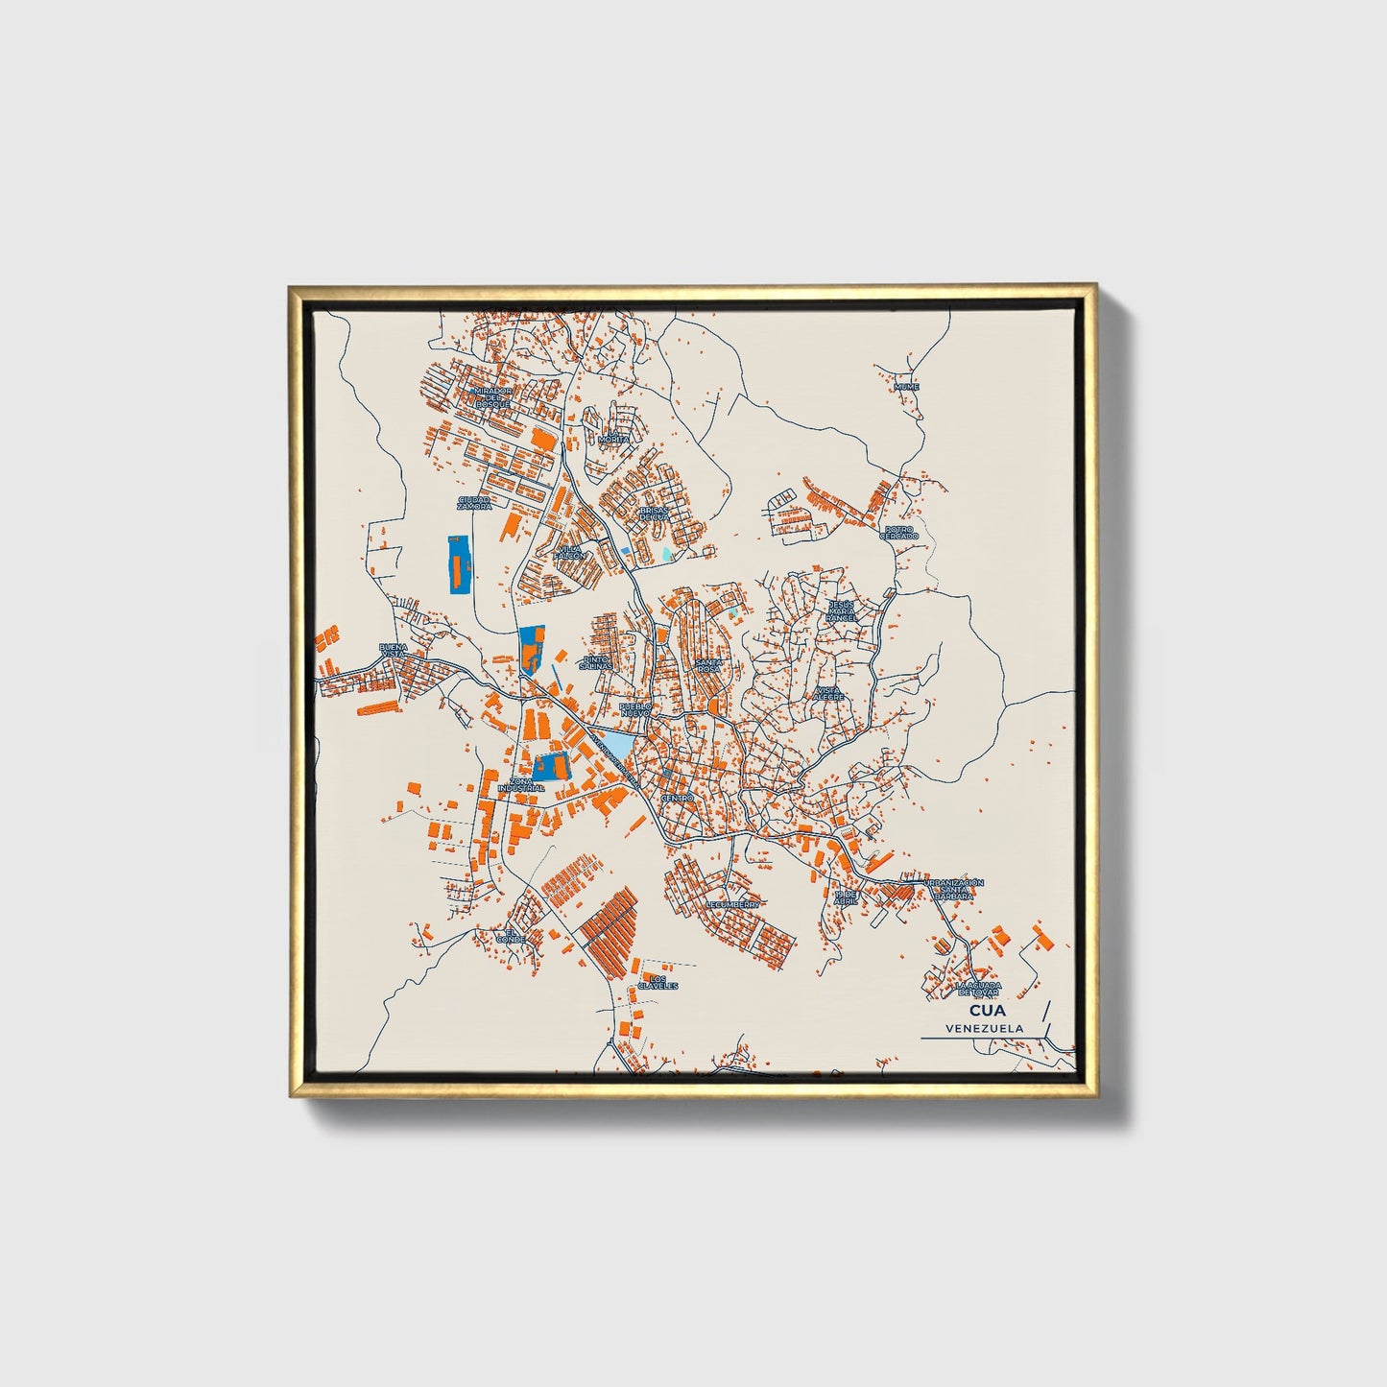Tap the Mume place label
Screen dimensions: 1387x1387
tap(906, 387)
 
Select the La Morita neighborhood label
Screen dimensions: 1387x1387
tap(613, 437)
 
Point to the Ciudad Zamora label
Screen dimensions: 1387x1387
tap(474, 503)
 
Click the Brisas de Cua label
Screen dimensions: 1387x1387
tap(653, 514)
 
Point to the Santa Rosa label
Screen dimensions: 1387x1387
tap(709, 665)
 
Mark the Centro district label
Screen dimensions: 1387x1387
tap(677, 798)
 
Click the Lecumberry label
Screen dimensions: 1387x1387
tap(733, 904)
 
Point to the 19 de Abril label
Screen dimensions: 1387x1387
tap(846, 897)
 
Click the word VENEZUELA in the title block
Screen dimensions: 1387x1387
tap(983, 1028)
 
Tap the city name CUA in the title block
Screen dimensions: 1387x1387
tap(983, 1011)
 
